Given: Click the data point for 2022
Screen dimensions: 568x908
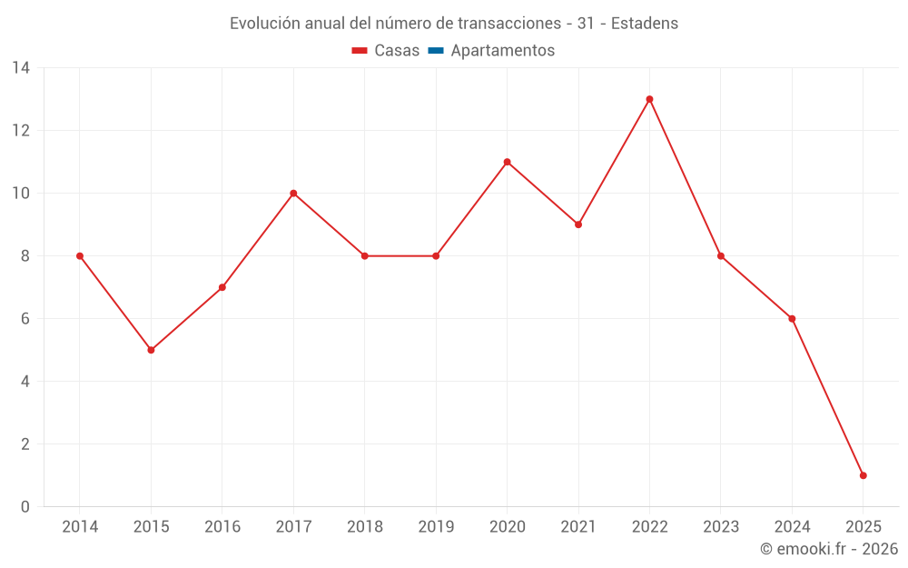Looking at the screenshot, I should pyautogui.click(x=649, y=99).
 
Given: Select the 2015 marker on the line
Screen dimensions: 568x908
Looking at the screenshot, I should pyautogui.click(x=151, y=350).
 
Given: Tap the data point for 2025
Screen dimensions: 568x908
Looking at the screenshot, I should pyautogui.click(x=863, y=475).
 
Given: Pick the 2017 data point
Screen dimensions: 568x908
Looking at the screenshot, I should pyautogui.click(x=293, y=193).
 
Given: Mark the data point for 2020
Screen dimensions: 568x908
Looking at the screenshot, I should pyautogui.click(x=507, y=162).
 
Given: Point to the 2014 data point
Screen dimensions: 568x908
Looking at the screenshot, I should pyautogui.click(x=80, y=256).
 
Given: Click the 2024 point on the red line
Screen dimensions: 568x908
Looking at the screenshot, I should pyautogui.click(x=792, y=319).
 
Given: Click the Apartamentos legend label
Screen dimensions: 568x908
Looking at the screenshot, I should pyautogui.click(x=502, y=51).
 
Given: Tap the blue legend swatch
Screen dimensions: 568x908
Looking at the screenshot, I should pyautogui.click(x=435, y=51).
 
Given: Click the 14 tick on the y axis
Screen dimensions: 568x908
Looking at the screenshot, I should pyautogui.click(x=21, y=67).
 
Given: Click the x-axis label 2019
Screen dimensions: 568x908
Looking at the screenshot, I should pyautogui.click(x=436, y=527).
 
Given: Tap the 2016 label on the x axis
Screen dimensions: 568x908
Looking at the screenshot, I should pyautogui.click(x=222, y=527).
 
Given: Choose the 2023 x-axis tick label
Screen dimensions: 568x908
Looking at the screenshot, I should pyautogui.click(x=721, y=527).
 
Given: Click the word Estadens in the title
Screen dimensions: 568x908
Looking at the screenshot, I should pyautogui.click(x=645, y=24).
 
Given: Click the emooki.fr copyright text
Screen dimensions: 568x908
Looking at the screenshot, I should pyautogui.click(x=829, y=549).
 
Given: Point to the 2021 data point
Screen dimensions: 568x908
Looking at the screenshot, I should pyautogui.click(x=578, y=224).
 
